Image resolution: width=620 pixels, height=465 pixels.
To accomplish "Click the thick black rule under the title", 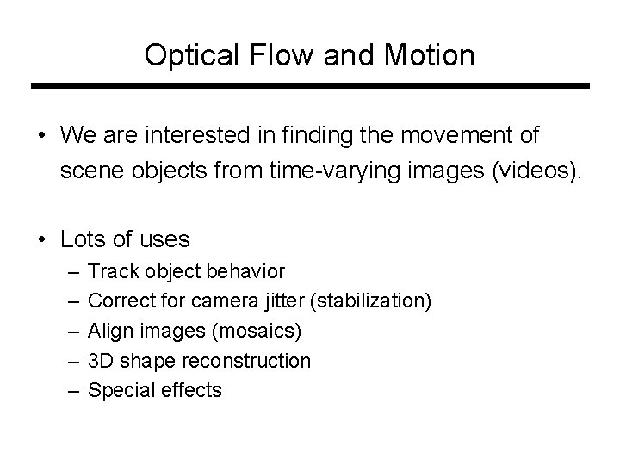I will click(310, 86).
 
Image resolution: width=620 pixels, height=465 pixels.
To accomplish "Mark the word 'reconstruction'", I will click(255, 360).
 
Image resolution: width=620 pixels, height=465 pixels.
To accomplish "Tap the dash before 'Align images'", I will click(69, 331).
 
